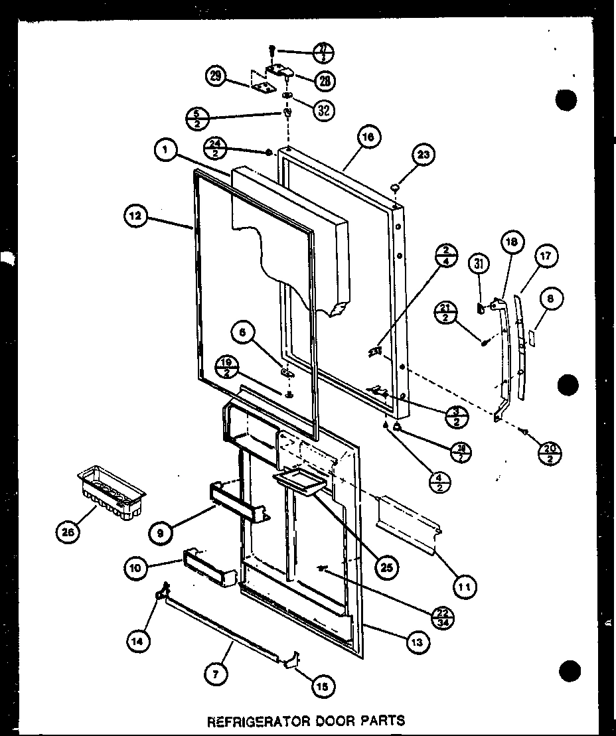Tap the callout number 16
pyautogui.click(x=369, y=139)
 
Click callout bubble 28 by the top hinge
pyautogui.click(x=325, y=81)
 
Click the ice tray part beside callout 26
pyautogui.click(x=112, y=490)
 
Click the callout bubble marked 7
pyautogui.click(x=216, y=674)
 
